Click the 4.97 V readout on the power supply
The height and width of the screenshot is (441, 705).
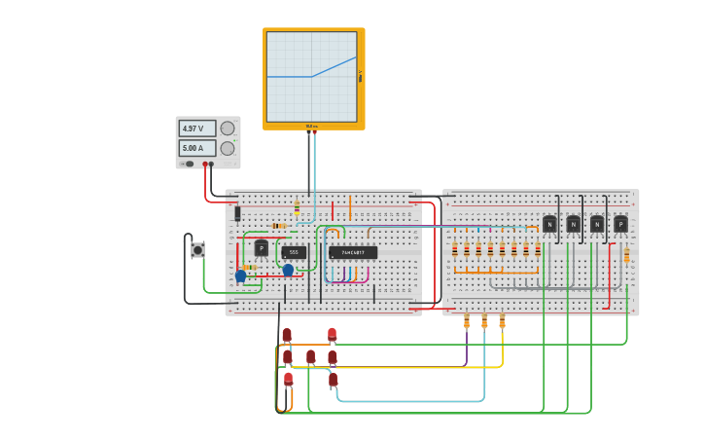coord(196,129)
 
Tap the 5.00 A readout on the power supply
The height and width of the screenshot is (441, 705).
coord(196,148)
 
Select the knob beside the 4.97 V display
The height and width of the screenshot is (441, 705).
coord(228,129)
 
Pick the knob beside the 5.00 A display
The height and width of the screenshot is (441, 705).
coord(228,148)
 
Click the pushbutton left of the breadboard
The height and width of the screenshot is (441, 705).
coord(197,250)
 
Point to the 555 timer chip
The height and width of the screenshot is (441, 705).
coord(294,252)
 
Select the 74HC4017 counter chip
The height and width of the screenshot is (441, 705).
coord(352,252)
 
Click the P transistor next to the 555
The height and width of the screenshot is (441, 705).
coord(261,248)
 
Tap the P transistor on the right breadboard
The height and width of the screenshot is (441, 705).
coord(620,224)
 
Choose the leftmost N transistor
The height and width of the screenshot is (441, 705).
coord(549,224)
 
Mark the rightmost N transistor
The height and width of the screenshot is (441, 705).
coord(597,224)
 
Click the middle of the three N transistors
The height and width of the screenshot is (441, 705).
coord(573,224)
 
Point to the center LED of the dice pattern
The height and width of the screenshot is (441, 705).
coord(310,357)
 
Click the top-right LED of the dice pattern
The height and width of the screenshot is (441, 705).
coord(332,335)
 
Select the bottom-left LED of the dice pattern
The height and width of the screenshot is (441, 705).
coord(288,379)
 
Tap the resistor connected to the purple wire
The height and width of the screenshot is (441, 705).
coord(467,320)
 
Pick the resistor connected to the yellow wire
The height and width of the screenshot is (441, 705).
coord(502,320)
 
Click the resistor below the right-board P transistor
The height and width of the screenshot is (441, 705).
coord(626,255)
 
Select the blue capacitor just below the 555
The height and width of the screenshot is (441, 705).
coord(288,270)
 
